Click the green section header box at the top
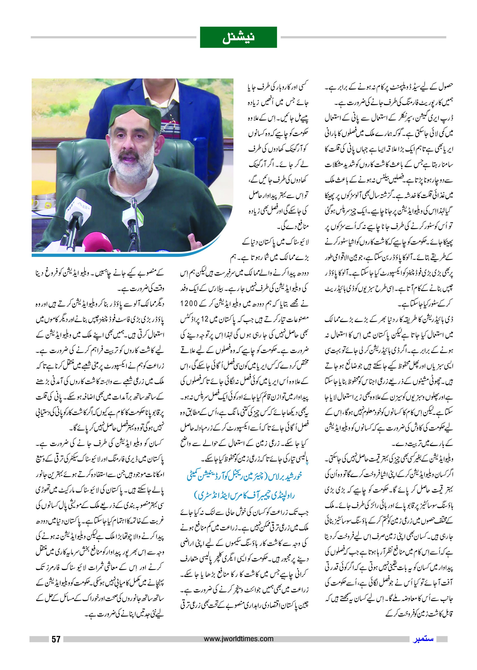click(238, 37)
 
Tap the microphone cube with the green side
click(131, 214)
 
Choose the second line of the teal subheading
click(244, 496)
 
